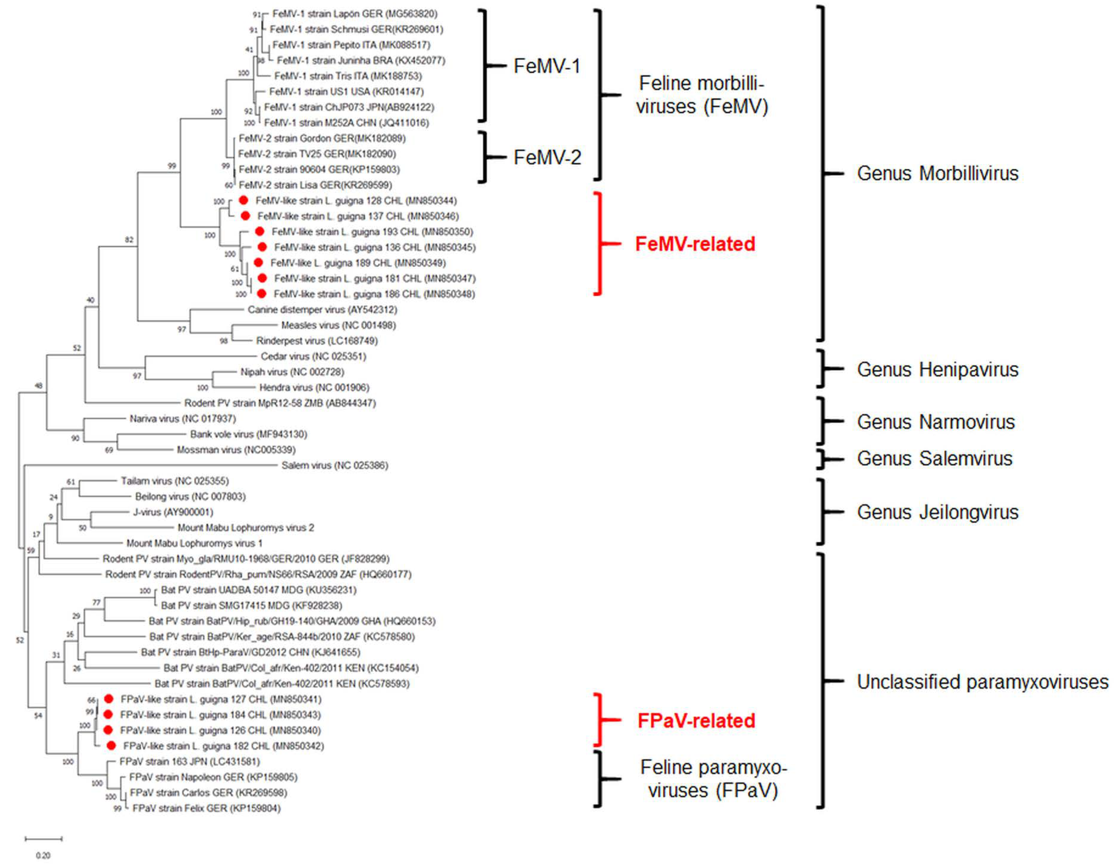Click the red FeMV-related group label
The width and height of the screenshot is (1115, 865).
pyautogui.click(x=695, y=244)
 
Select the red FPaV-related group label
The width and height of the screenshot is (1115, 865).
pyautogui.click(x=696, y=720)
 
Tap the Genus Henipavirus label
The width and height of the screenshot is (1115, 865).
pyautogui.click(x=937, y=370)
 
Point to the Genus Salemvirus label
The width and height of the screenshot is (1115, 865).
pyautogui.click(x=934, y=459)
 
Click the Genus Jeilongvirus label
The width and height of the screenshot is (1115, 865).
pyautogui.click(x=937, y=512)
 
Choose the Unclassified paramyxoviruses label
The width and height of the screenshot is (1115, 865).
pyautogui.click(x=982, y=682)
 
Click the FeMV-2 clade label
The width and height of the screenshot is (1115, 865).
pyautogui.click(x=547, y=157)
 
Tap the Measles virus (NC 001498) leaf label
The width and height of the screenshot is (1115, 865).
pyautogui.click(x=338, y=325)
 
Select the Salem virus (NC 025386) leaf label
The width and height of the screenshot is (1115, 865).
pyautogui.click(x=334, y=465)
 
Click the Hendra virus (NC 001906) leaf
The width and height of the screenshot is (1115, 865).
pyautogui.click(x=314, y=387)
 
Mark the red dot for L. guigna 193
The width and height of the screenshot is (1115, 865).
pyautogui.click(x=259, y=231)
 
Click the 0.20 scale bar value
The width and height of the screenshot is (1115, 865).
pyautogui.click(x=43, y=855)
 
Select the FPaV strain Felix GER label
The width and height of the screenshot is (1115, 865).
pyautogui.click(x=206, y=808)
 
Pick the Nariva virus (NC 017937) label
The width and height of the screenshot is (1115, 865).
pyautogui.click(x=182, y=419)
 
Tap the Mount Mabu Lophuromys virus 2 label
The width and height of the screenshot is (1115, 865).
pyautogui.click(x=246, y=528)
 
